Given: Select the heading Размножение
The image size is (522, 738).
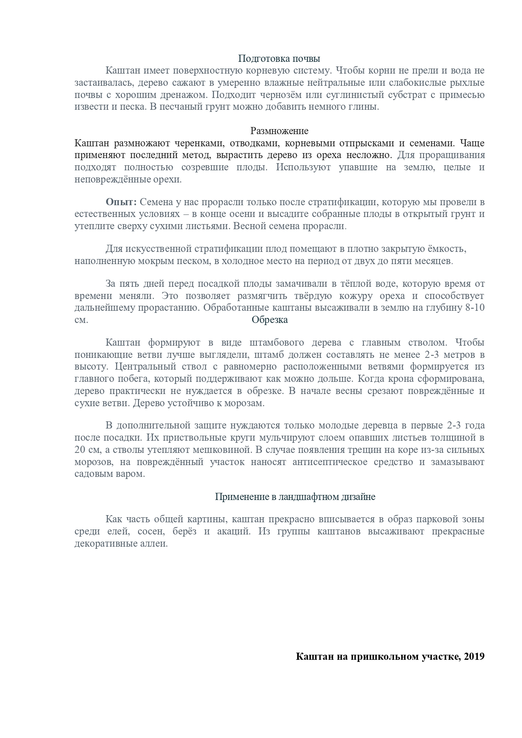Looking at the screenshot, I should (x=279, y=131).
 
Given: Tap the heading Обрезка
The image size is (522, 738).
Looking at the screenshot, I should (x=269, y=320).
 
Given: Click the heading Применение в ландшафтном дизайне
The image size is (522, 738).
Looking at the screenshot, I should (x=295, y=497).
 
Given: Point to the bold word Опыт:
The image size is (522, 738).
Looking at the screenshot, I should (x=121, y=202).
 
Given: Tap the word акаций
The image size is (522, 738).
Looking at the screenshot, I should (x=234, y=531).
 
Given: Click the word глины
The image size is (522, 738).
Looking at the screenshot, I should (x=367, y=107).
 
